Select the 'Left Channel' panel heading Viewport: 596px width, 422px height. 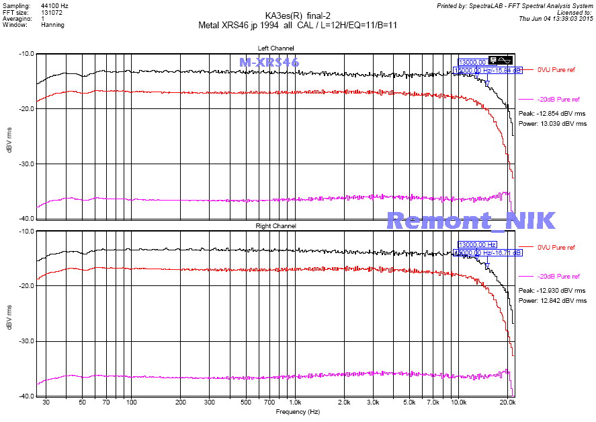coord(275,48)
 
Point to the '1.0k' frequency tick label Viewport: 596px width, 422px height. coord(294,402)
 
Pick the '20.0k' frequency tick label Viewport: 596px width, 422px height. coord(508,402)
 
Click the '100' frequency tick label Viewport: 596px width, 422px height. coord(132,402)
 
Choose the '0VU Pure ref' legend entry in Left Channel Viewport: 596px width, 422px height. coord(556,69)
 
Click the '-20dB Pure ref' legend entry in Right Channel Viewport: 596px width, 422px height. coord(558,277)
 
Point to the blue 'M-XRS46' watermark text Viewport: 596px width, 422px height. coord(269,62)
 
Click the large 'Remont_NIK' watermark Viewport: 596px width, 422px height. coord(471,220)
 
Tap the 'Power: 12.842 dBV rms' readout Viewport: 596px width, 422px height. coord(552,301)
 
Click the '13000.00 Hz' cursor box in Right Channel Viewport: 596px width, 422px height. coord(477,244)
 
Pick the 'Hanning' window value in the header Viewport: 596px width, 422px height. coord(52,25)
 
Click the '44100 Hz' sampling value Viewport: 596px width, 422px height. coord(54,5)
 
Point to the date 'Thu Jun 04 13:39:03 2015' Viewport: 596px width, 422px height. coord(556,18)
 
